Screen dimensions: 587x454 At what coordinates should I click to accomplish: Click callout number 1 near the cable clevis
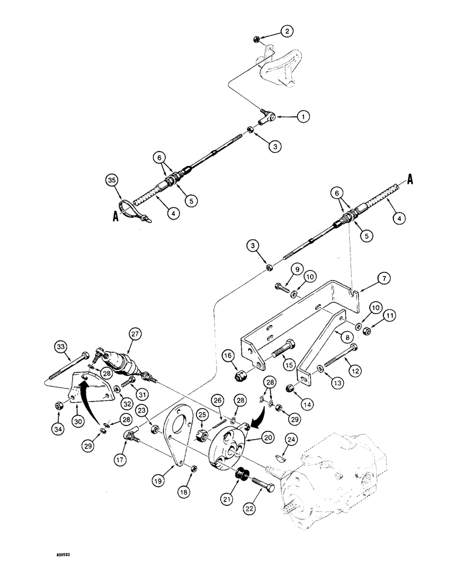point(303,117)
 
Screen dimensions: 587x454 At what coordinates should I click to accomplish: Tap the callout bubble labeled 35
point(112,180)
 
